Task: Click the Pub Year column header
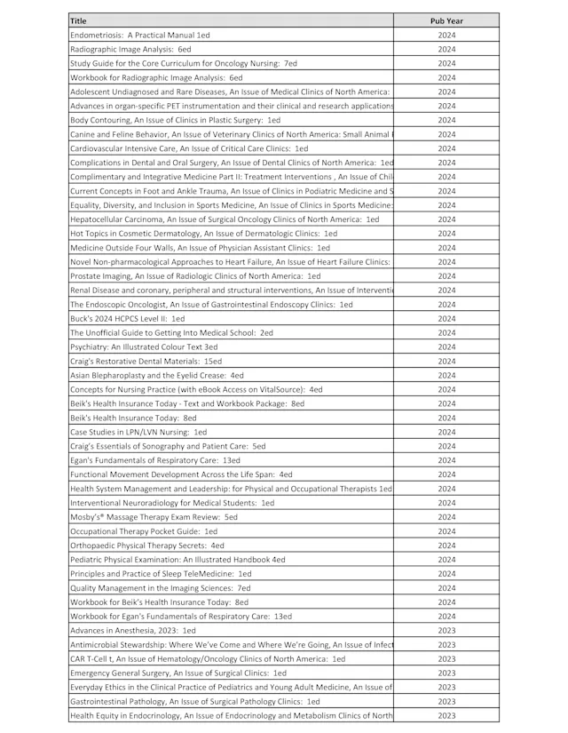click(x=446, y=19)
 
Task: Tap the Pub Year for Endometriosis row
click(x=446, y=35)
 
